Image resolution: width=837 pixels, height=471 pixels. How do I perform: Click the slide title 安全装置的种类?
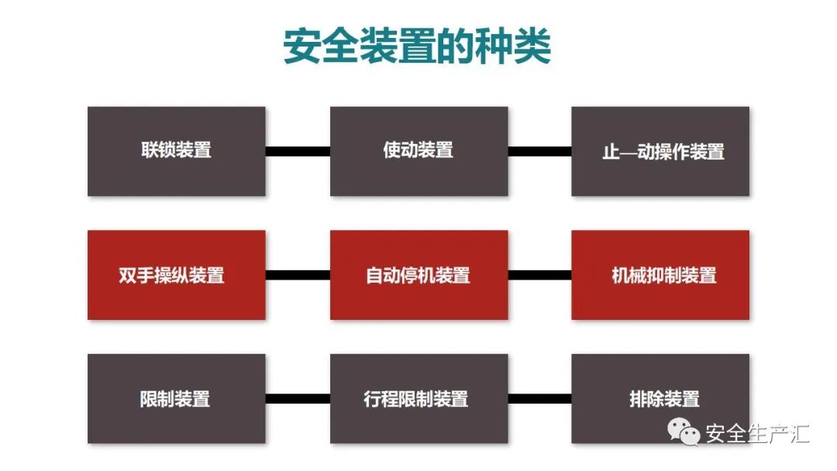(417, 47)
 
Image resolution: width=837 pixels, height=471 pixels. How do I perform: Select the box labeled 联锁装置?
(177, 151)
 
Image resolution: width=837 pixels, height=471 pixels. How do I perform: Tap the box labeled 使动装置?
(418, 151)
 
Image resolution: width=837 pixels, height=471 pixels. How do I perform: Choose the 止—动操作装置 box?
(660, 151)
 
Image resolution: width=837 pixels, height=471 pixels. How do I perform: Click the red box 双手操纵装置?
(177, 275)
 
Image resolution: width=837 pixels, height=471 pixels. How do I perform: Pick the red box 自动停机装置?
(418, 275)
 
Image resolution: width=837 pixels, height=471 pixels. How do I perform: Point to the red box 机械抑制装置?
(660, 275)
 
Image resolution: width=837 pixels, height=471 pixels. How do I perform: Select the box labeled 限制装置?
(177, 399)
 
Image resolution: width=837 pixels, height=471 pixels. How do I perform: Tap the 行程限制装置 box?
(418, 399)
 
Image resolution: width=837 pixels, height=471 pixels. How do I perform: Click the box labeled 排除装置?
(660, 399)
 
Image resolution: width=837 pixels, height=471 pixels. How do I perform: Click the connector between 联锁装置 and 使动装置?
(298, 151)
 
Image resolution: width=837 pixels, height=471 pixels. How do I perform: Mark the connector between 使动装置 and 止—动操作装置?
(539, 151)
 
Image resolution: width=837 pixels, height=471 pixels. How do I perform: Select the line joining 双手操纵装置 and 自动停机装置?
(298, 275)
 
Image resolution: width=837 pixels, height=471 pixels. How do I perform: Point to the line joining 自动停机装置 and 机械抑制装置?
(539, 275)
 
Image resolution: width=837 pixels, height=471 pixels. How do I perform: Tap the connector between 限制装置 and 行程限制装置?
(298, 399)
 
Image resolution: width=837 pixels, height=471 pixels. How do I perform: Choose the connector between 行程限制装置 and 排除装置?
(539, 399)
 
